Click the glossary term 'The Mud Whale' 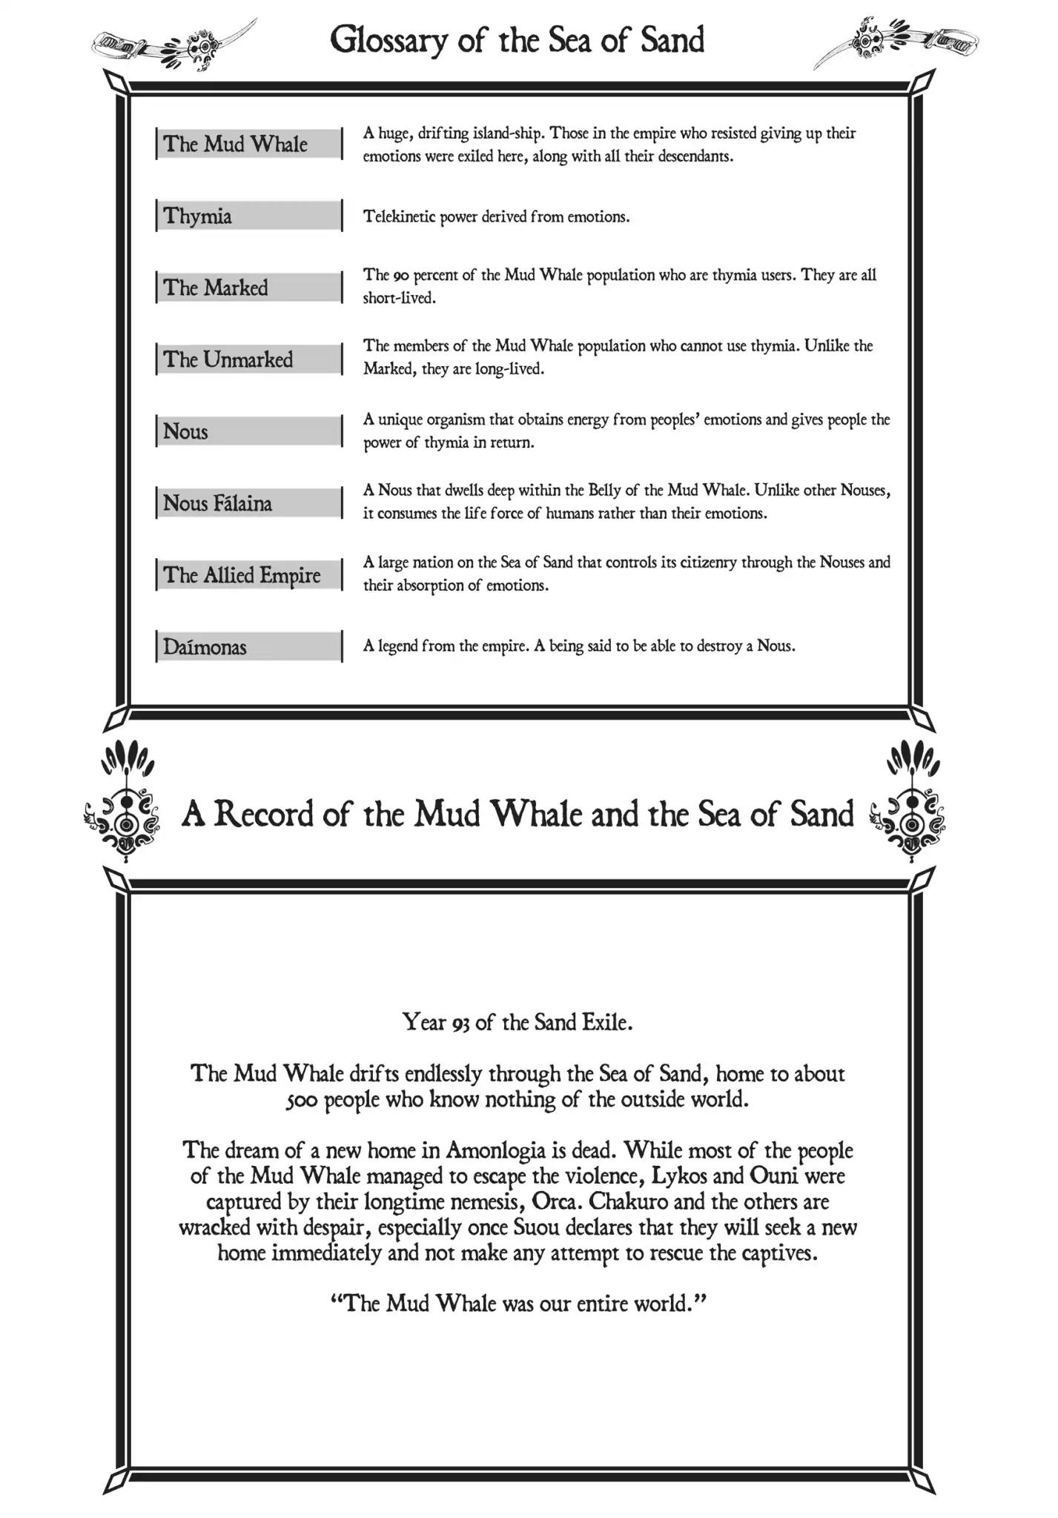click(x=235, y=144)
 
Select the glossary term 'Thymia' click(x=197, y=216)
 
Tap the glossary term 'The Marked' click(x=215, y=288)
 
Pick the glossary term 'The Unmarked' click(x=228, y=359)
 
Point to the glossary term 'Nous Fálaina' click(x=217, y=503)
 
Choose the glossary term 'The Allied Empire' click(x=242, y=575)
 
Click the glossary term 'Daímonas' click(x=205, y=647)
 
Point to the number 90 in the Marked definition click(x=400, y=276)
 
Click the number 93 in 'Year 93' click(x=460, y=1024)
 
